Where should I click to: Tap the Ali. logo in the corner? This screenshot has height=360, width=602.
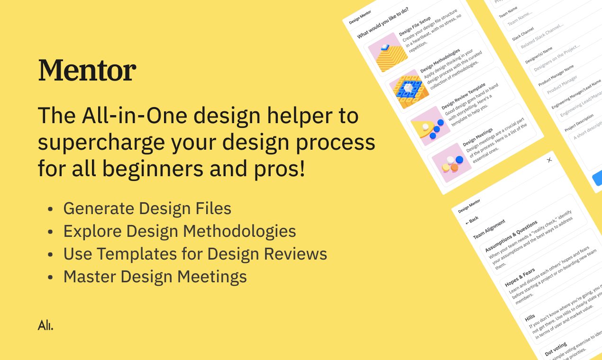coord(46,325)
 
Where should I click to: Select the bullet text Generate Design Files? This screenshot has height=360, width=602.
coord(147,208)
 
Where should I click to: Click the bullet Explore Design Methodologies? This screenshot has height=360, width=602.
coord(179,231)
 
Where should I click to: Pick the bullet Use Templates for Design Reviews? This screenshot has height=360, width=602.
coord(195,254)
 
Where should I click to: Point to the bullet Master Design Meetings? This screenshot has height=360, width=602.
coord(155,277)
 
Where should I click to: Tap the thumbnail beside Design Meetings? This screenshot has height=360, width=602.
coord(451,162)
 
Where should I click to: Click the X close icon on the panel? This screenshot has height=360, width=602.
coord(549,160)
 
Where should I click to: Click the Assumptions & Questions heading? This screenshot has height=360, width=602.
coord(511,233)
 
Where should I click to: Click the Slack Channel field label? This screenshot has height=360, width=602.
coord(523,34)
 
